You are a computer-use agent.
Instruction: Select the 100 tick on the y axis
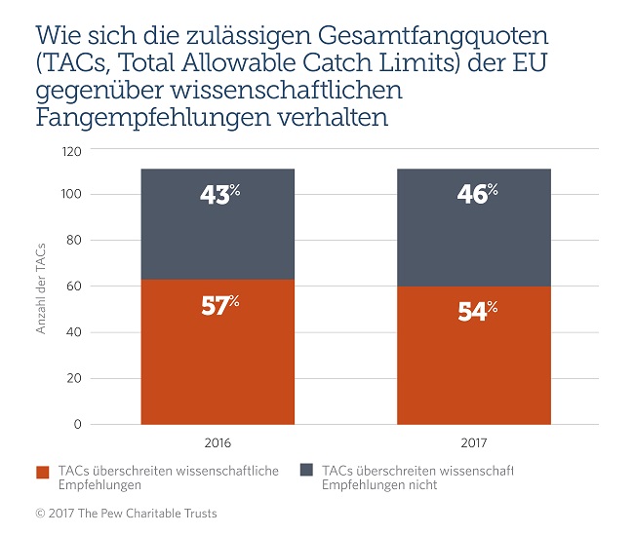pyautogui.click(x=70, y=195)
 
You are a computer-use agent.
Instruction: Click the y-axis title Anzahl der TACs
pyautogui.click(x=42, y=287)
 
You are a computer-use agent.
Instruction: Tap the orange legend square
pyautogui.click(x=43, y=473)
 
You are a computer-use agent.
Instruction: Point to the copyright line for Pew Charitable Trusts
pyautogui.click(x=127, y=513)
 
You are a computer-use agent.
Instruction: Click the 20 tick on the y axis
pyautogui.click(x=74, y=379)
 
